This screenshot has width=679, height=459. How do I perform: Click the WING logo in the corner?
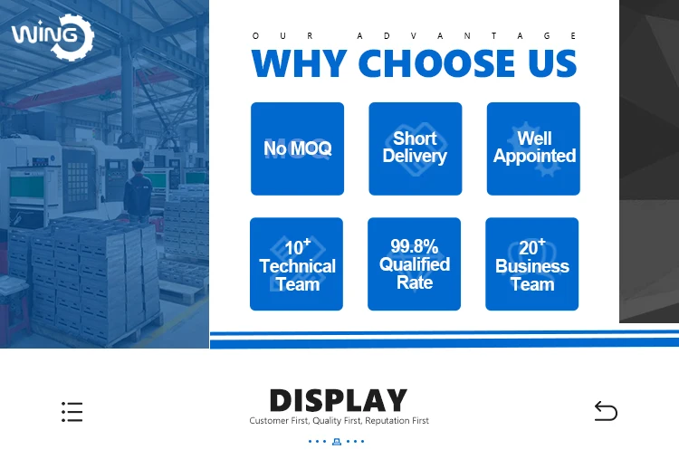coord(53,37)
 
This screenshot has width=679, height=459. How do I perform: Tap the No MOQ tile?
coord(298,148)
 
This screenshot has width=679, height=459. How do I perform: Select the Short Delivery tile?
coord(416,148)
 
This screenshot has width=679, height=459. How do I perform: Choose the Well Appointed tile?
coord(533,148)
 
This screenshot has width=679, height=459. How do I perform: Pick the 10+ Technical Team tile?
coord(297,263)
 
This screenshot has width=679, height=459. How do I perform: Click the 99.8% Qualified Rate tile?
coord(415,263)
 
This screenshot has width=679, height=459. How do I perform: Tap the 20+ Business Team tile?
coord(532,263)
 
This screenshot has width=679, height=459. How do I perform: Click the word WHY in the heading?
coord(300,63)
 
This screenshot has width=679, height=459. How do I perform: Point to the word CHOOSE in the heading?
coord(437,63)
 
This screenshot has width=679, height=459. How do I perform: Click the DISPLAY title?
coord(339,400)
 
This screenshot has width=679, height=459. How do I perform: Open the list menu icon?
coord(72,411)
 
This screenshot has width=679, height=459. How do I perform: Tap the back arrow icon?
coord(606,411)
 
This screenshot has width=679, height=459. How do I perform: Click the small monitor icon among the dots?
coord(337,442)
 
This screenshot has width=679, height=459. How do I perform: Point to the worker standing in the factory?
coord(138,190)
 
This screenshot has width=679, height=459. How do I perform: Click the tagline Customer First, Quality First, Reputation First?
coord(339,420)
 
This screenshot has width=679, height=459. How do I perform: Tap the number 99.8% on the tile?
coord(415,246)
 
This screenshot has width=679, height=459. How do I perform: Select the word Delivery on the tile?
coord(415,156)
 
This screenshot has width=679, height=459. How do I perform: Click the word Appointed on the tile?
coord(534,156)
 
